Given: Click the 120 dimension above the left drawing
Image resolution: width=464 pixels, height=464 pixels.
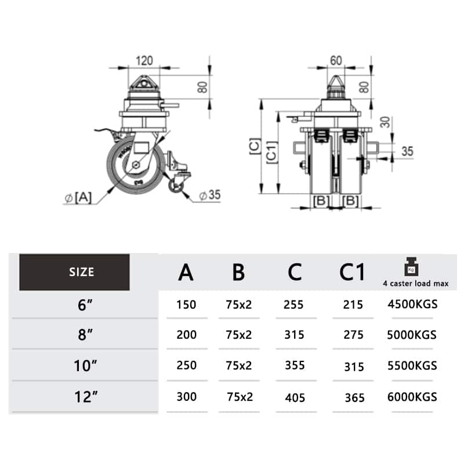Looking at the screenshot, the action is (144, 61).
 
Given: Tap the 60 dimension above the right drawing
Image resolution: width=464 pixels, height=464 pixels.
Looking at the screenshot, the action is (336, 60).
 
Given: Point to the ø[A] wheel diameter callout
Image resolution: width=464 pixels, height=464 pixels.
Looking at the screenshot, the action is (78, 197).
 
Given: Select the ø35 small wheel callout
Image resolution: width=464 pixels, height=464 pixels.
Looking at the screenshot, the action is (210, 195).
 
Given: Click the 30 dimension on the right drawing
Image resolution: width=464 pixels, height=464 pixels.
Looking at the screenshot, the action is (385, 122).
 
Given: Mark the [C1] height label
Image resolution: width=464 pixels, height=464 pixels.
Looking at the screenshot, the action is (271, 153).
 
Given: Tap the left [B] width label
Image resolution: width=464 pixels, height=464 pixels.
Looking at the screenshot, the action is (321, 201).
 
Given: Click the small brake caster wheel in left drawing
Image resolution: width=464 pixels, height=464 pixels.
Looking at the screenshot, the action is (176, 186).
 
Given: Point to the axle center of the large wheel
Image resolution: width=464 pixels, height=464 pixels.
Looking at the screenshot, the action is (136, 165).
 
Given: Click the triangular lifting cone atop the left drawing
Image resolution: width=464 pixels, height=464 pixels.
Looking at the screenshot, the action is (143, 82).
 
